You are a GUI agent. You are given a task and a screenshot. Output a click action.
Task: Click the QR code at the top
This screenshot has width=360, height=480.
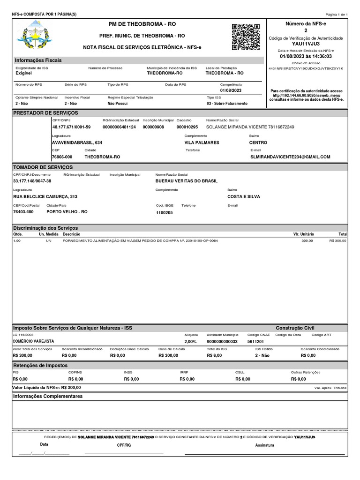[246, 37]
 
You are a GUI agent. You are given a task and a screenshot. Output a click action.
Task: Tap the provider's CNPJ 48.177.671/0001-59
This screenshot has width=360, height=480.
[71, 127]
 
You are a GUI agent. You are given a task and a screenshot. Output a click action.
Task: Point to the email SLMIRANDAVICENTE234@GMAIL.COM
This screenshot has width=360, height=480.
[290, 157]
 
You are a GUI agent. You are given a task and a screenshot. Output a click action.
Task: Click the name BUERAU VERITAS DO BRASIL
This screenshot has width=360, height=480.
[187, 181]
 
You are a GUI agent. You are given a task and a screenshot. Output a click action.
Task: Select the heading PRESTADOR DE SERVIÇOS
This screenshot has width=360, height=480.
[45, 113]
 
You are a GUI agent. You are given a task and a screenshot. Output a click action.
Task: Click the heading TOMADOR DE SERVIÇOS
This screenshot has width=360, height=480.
[43, 167]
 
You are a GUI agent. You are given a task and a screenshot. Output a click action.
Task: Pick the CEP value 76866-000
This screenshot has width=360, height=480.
[62, 157]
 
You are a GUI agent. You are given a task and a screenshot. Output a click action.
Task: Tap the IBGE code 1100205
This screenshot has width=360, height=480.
[164, 212]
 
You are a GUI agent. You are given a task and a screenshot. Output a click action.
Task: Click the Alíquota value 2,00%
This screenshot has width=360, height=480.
[190, 342]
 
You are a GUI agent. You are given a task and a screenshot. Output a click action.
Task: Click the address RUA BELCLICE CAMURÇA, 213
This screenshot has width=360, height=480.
[45, 197]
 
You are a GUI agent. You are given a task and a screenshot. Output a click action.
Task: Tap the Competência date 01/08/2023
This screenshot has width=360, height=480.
[231, 90]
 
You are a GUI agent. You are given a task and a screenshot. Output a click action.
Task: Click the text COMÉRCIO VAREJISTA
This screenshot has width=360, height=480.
[33, 342]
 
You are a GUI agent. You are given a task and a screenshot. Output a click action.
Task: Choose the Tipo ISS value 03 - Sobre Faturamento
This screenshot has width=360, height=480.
[227, 103]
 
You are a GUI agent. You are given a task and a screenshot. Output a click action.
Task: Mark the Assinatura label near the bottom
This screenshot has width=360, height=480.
[264, 445]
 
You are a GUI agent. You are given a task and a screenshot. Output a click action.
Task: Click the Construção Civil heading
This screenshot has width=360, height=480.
[295, 328]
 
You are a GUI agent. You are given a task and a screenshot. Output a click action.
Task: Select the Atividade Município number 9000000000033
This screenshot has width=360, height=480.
[223, 342]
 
